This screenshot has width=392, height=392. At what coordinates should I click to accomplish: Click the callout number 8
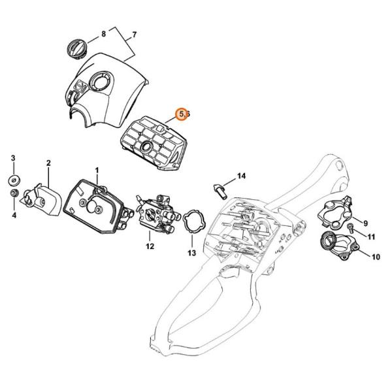[x=103, y=33]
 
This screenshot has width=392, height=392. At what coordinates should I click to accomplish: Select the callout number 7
[x=134, y=35]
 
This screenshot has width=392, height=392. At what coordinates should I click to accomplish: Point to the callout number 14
[x=241, y=176]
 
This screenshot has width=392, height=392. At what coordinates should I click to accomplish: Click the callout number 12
[x=150, y=246]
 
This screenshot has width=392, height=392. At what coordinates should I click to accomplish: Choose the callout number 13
[x=191, y=253]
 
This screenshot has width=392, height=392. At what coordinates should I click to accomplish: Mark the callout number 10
[x=376, y=257]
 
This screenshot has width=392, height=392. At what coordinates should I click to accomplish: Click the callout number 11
[x=371, y=237]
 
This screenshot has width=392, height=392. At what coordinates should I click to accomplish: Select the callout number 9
[x=365, y=223]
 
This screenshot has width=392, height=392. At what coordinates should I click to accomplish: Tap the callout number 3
[x=13, y=158]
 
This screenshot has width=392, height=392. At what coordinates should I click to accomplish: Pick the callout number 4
[x=14, y=215]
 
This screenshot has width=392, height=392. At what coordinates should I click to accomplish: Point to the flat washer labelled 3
[x=14, y=181]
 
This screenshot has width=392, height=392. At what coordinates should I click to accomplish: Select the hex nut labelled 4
[x=14, y=193]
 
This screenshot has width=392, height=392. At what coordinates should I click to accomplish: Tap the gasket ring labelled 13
[x=194, y=221]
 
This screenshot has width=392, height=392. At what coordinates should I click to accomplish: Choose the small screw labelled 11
[x=350, y=227]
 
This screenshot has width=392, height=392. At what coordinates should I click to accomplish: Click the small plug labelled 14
[x=220, y=191]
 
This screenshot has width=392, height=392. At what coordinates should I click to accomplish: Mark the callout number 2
[x=48, y=163]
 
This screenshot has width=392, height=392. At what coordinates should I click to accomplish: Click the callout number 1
[x=97, y=171]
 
